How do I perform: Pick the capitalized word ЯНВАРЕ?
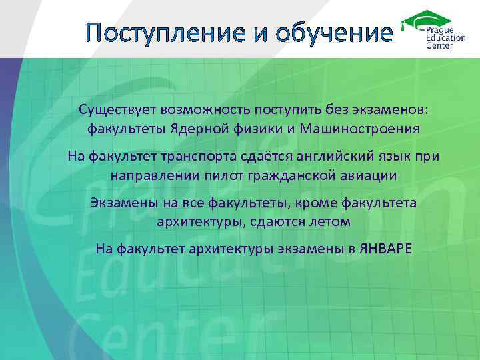pos(385,249)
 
